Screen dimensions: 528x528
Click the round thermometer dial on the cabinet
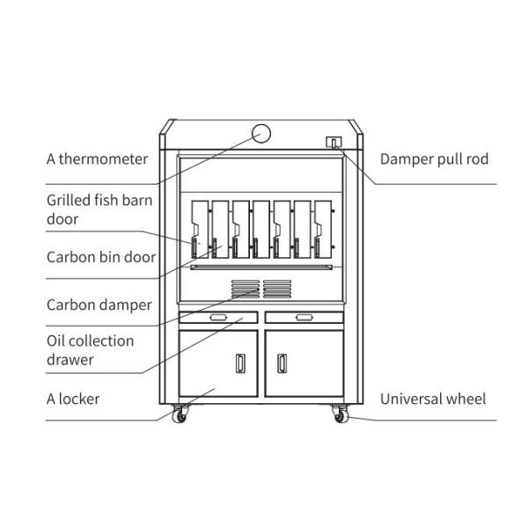click(x=261, y=133)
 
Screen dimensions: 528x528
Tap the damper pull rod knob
click(x=334, y=142)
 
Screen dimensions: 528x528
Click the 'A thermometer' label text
click(x=97, y=159)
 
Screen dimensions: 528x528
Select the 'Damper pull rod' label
click(x=434, y=159)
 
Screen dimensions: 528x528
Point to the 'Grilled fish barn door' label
click(x=99, y=209)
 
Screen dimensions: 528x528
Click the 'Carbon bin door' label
click(x=100, y=258)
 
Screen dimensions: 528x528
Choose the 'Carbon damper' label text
click(x=99, y=305)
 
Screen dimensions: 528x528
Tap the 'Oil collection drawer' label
click(x=90, y=349)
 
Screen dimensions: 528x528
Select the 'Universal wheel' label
click(x=432, y=399)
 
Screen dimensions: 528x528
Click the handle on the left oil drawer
click(x=218, y=317)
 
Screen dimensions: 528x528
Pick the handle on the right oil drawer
click(x=304, y=317)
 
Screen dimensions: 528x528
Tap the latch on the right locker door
click(x=282, y=362)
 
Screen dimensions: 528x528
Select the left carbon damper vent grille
click(x=246, y=288)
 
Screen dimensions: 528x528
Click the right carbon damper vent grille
click(x=276, y=288)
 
